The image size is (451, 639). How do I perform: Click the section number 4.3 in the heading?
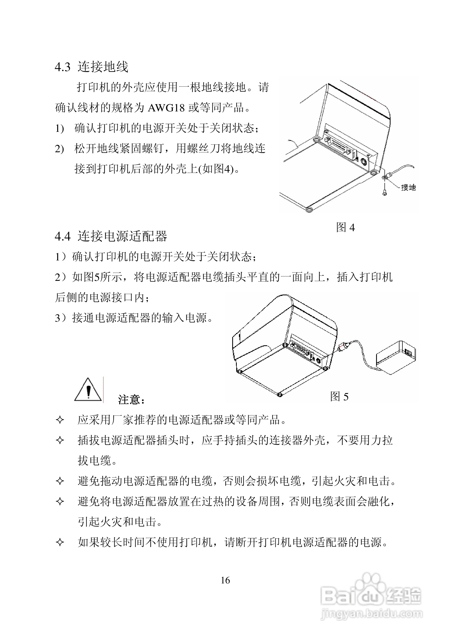click(x=63, y=67)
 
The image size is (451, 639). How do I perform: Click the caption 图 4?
click(x=345, y=228)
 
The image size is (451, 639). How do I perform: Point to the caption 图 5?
click(x=339, y=397)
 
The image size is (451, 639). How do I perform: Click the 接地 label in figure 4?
click(x=408, y=188)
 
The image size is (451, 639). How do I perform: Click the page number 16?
click(x=225, y=580)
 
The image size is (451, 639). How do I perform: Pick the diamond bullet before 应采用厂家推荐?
click(x=60, y=420)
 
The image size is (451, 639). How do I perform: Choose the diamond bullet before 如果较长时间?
click(x=60, y=542)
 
